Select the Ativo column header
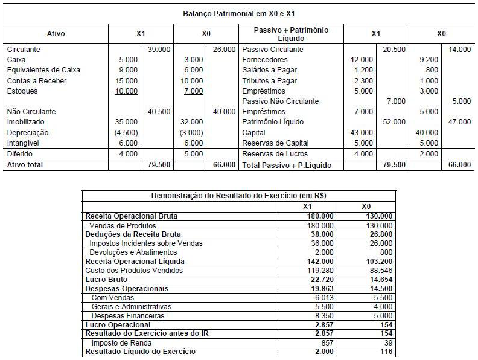click(x=56, y=34)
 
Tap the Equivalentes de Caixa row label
click(x=43, y=70)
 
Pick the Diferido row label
click(x=20, y=154)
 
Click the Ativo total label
click(x=25, y=164)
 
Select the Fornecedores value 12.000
click(x=362, y=60)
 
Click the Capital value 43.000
click(x=362, y=133)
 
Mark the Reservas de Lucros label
click(x=275, y=154)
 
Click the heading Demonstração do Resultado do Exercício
click(x=238, y=195)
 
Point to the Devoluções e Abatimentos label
click(x=133, y=252)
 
